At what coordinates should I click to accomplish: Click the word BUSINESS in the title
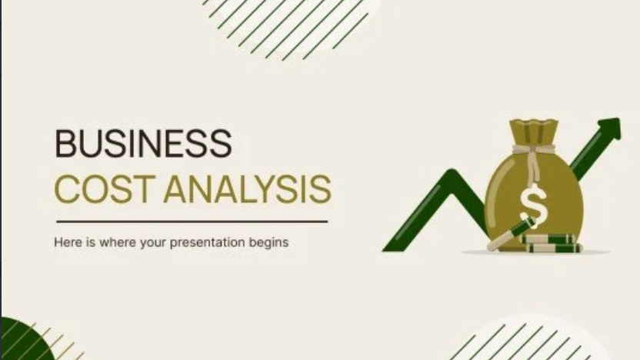(x=142, y=144)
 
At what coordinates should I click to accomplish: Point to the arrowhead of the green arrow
(x=608, y=128)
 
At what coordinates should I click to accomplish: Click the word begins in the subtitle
(x=270, y=243)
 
